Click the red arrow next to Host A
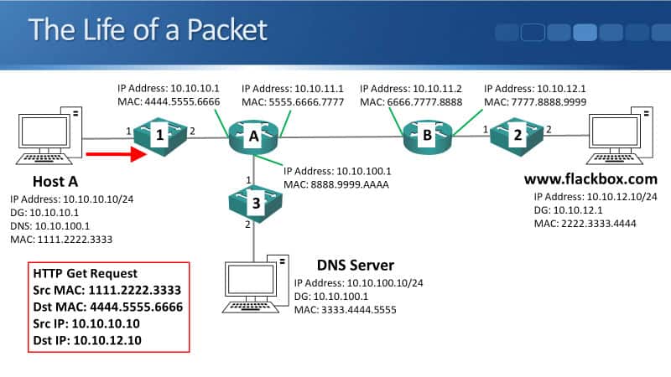[x=111, y=154]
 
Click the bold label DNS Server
[x=356, y=265]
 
